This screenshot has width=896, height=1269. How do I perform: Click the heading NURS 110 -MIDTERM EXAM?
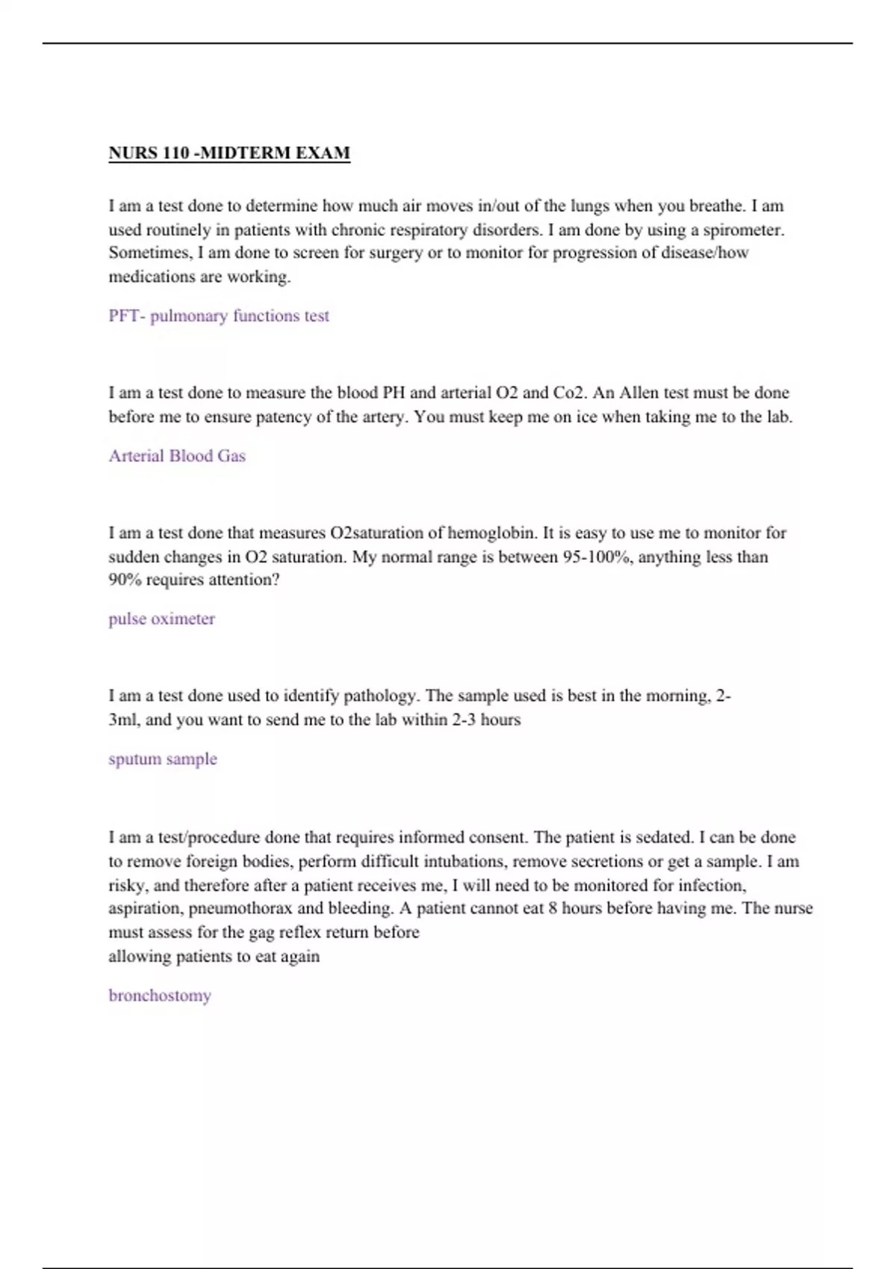click(229, 153)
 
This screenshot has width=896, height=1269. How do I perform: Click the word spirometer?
click(743, 229)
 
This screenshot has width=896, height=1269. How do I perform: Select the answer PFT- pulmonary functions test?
click(219, 316)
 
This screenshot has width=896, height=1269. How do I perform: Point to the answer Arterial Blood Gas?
click(177, 456)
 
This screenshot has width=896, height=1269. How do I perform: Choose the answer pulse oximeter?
click(161, 619)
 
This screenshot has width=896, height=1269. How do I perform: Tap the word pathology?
click(385, 696)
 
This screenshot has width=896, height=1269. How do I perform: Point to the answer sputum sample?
click(163, 759)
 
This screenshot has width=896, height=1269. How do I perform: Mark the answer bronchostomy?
click(160, 996)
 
